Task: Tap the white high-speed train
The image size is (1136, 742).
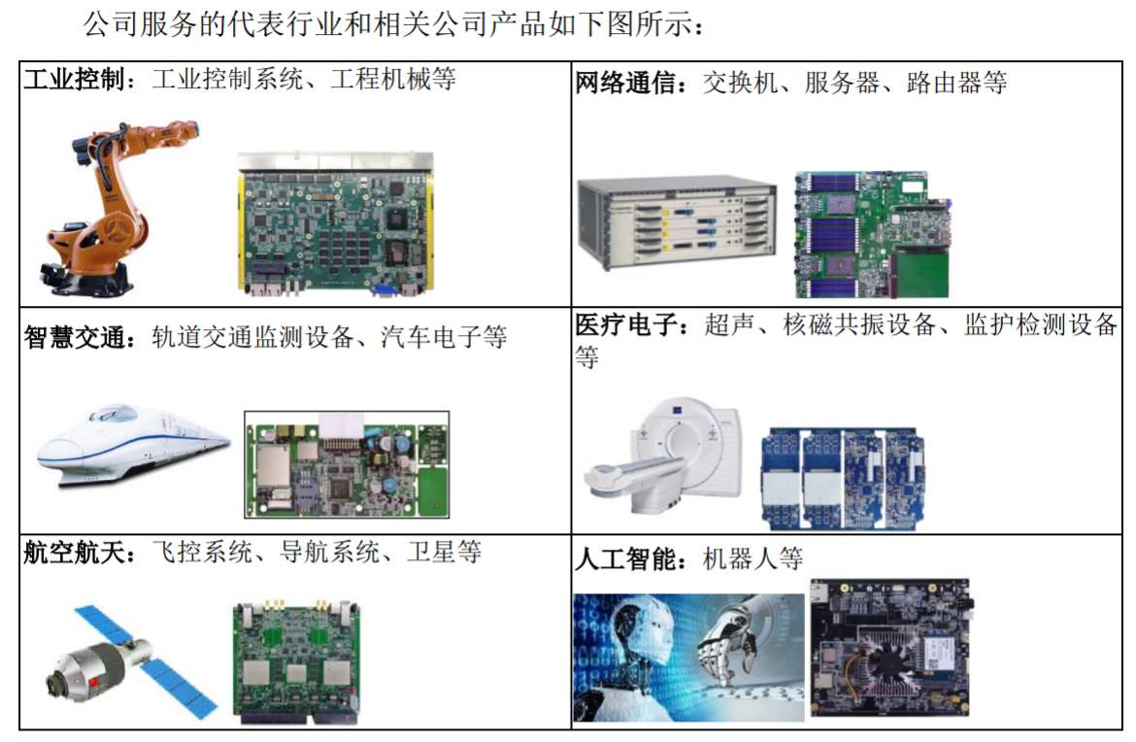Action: click(131, 447)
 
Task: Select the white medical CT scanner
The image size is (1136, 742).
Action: click(660, 456)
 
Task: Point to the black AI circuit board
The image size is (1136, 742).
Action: click(891, 646)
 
